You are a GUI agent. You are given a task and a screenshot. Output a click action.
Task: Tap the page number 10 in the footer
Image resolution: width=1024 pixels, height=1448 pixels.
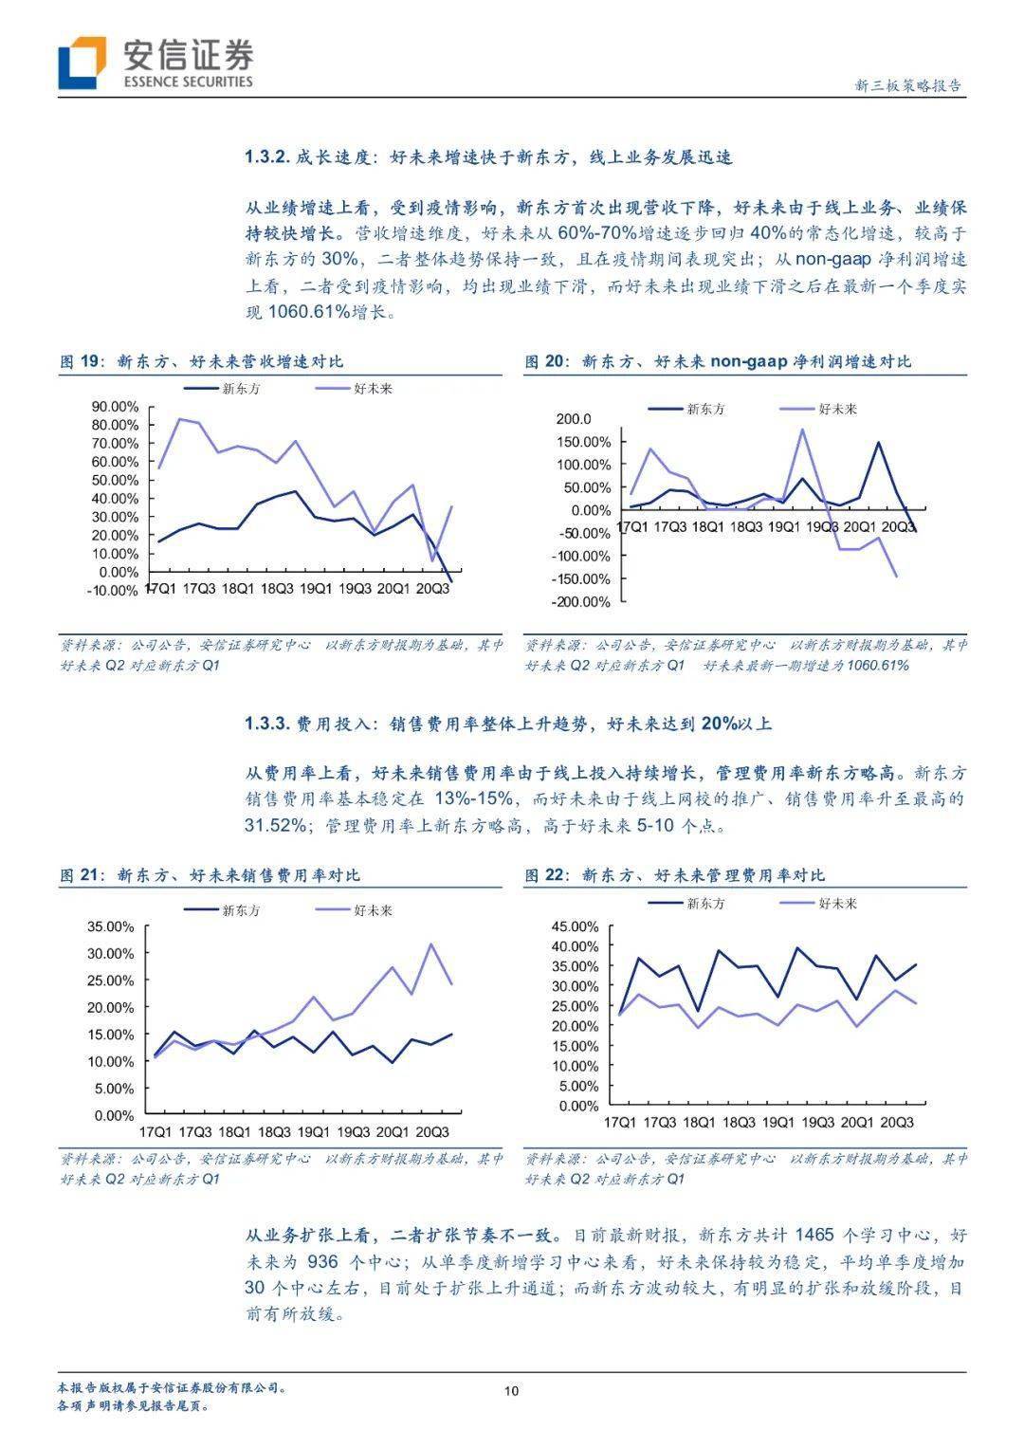512,1391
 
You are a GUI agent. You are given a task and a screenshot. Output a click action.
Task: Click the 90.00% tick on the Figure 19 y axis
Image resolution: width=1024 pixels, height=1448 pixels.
115,407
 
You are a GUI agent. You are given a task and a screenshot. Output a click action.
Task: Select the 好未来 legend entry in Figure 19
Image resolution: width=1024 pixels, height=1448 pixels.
373,389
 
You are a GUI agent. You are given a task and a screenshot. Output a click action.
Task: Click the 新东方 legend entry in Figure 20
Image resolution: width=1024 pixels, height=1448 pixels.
705,409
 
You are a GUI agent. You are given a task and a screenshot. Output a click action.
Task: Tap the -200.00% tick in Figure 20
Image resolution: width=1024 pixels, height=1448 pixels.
582,602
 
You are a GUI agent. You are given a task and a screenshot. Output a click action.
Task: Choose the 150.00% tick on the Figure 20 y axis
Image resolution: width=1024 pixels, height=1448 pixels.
584,442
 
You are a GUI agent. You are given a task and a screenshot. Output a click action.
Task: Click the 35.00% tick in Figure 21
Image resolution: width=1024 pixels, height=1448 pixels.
111,926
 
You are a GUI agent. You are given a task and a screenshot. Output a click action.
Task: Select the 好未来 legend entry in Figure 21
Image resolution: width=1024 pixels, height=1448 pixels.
373,910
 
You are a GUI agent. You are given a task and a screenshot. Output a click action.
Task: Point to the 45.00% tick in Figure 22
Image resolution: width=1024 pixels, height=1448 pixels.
576,926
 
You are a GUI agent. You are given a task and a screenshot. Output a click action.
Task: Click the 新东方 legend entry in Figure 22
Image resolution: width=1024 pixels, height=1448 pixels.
705,904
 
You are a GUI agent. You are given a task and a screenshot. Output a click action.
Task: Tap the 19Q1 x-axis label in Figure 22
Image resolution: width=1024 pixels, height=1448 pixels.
778,1123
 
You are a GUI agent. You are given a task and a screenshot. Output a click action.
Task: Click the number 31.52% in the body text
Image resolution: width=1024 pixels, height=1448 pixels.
275,825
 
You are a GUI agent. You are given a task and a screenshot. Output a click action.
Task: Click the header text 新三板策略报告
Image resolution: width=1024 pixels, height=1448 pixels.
907,85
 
